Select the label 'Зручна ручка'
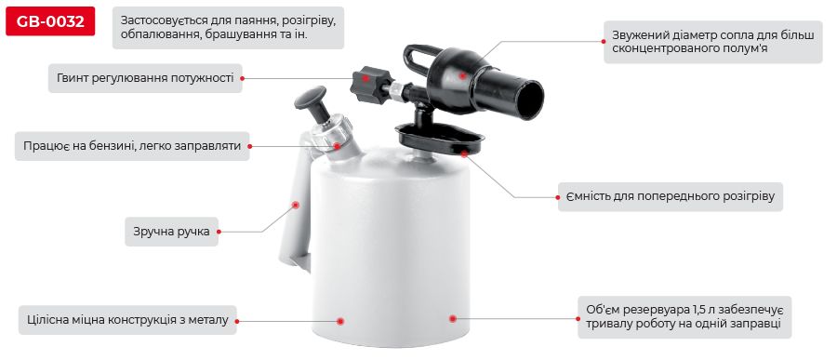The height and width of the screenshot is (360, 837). [x=171, y=231]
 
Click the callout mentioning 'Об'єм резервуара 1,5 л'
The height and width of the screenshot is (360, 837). [x=684, y=317]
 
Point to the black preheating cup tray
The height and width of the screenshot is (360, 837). [x=441, y=140]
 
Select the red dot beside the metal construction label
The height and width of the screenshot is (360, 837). [x=340, y=320]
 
